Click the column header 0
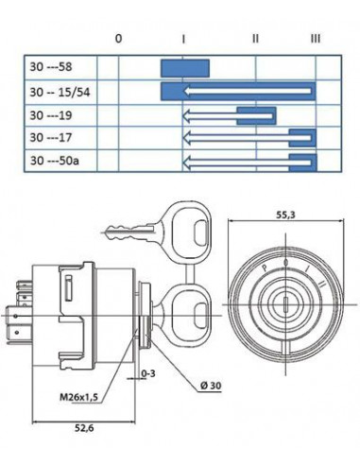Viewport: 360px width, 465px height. (118, 39)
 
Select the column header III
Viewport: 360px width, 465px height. (316, 39)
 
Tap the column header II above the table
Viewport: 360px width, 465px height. (255, 39)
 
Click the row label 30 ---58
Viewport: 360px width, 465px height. (51, 67)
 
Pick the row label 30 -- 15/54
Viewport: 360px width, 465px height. (60, 92)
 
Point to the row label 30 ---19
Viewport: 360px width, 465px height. (51, 115)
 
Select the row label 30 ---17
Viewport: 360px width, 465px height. (51, 138)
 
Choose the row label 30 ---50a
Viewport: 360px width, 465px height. (55, 161)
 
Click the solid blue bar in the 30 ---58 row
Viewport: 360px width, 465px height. (185, 68)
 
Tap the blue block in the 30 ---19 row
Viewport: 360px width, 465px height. (256, 116)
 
